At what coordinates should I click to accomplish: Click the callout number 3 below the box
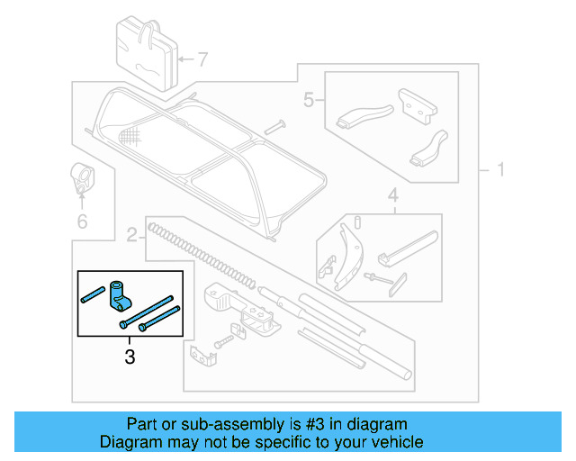click(x=130, y=357)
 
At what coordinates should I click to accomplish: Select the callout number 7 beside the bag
click(x=202, y=60)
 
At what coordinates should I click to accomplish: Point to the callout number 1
click(x=499, y=169)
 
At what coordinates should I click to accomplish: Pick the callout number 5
click(x=308, y=100)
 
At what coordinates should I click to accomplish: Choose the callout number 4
click(x=392, y=195)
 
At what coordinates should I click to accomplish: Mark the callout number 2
click(x=131, y=237)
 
